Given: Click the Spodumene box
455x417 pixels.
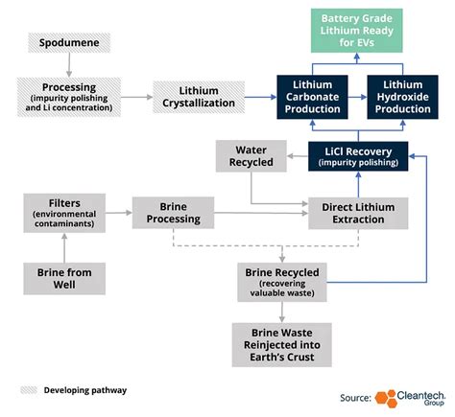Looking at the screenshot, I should coord(70,42).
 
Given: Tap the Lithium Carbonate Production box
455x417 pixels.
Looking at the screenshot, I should coord(314,97).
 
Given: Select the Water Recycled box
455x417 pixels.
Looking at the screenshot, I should coord(251,154).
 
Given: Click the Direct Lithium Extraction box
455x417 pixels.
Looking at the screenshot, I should coord(358,212).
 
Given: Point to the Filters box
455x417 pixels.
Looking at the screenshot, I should coord(65,212).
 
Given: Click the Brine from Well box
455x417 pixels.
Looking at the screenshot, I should coord(65,279).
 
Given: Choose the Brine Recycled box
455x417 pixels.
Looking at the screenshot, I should coord(282,279).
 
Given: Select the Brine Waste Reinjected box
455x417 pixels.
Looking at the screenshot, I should coord(282,343).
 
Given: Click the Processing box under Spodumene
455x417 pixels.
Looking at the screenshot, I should coord(70,97).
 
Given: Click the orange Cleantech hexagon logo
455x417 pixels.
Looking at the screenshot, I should coord(386,397).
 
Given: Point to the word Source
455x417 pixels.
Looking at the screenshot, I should coord(355,397).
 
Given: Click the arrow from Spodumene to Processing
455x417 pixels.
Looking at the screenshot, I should coord(70,64).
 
